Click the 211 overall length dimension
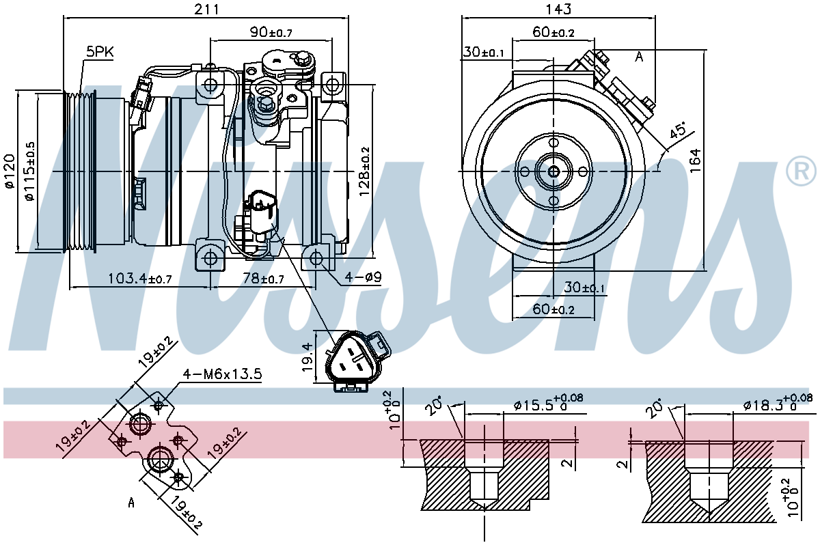(x=206, y=9)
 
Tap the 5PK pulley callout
(x=100, y=52)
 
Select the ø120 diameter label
(x=10, y=171)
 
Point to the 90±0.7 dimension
(x=271, y=32)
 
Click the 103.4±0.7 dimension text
(x=140, y=279)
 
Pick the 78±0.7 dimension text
(x=263, y=279)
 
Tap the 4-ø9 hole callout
(x=363, y=277)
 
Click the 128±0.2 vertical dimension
(x=365, y=171)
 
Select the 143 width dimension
(x=558, y=9)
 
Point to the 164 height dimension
(x=695, y=161)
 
